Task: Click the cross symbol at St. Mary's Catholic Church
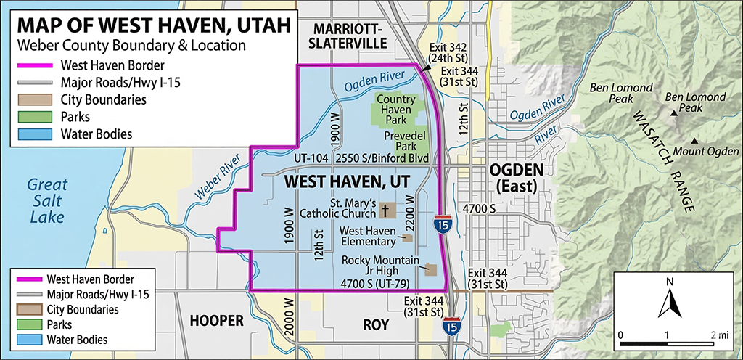click(385, 210)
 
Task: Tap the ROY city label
click(377, 325)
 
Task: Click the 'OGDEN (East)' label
click(515, 177)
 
